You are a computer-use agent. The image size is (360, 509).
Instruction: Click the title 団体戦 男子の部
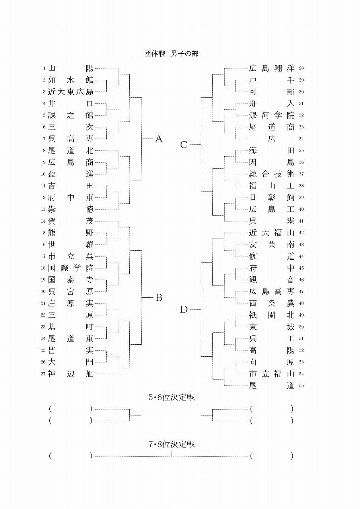[171, 54]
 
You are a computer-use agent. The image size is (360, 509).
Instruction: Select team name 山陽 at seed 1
[70, 68]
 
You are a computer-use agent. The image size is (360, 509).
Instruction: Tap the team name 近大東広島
[70, 92]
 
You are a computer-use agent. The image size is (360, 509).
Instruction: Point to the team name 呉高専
[70, 139]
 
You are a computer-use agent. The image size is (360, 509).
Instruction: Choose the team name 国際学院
[70, 268]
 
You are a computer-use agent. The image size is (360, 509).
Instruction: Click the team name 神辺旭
[70, 374]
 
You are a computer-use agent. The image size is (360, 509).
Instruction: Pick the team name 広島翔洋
[272, 68]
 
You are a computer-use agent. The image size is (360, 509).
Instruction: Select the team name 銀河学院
[272, 115]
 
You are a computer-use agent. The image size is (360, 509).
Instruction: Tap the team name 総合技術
[272, 174]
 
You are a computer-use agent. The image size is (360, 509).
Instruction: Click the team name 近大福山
[272, 233]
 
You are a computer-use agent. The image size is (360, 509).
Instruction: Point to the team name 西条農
[272, 303]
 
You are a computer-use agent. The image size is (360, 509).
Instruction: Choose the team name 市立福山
[272, 374]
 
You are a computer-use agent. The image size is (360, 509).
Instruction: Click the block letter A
[159, 139]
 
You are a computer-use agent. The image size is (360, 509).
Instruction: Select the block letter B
[159, 297]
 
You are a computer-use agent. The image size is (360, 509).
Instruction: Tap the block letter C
[183, 145]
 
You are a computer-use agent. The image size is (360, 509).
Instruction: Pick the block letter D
[183, 309]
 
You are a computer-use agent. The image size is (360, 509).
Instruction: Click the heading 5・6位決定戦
[171, 397]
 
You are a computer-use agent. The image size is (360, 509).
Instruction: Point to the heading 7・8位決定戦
[171, 444]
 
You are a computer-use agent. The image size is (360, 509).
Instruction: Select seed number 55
[301, 386]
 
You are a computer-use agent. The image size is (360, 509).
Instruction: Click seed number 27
[43, 374]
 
